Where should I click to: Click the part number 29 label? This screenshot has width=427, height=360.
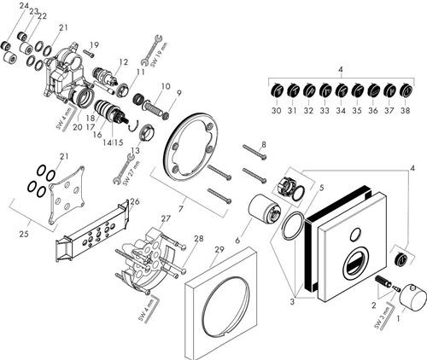coord(219,250)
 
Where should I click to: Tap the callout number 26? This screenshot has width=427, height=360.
coord(134,202)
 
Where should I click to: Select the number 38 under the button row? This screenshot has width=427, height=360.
coord(405,110)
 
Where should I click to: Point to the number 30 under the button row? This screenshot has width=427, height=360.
coord(276,110)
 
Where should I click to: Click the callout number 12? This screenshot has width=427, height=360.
coord(124,62)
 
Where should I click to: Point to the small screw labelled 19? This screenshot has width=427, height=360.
coord(88,53)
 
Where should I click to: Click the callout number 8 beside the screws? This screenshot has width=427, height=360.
coord(264,144)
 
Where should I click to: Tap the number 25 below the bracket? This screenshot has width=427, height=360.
coord(26,234)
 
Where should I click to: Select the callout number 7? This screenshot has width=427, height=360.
coord(181,209)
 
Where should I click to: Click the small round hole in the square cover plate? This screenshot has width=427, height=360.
coord(354,235)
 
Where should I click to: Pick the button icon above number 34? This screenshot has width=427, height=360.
coord(341,90)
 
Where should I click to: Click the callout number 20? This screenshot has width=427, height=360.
coord(78,127)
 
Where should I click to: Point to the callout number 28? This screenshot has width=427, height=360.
coord(199,238)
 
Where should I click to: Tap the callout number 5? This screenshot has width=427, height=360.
coord(321,188)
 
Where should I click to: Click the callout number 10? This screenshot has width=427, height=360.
coord(166,86)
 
